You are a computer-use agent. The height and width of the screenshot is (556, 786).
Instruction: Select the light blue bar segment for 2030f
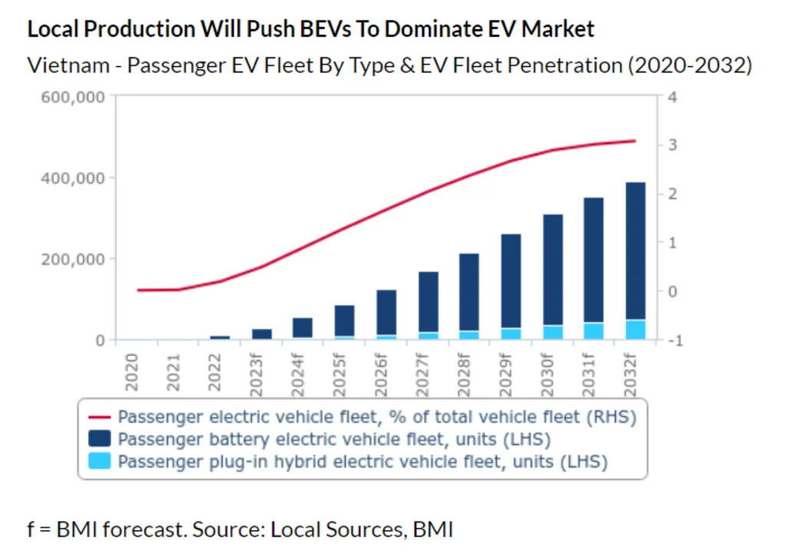553,332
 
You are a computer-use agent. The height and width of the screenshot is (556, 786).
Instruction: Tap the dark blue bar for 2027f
429,302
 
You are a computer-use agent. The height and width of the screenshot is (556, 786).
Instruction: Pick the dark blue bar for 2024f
302,327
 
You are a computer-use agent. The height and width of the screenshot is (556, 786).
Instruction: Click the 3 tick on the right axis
672,145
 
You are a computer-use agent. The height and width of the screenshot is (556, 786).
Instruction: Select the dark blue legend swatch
101,439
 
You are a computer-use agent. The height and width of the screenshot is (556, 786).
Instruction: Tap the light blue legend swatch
101,462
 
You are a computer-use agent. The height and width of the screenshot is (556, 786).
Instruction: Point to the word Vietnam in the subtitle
70,65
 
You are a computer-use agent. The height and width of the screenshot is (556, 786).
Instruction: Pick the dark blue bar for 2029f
511,281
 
